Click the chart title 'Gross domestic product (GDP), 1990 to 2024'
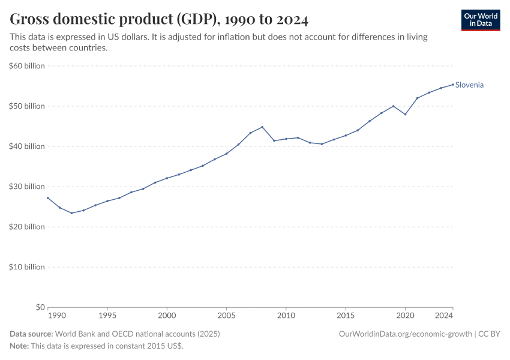pyautogui.click(x=159, y=20)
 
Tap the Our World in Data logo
pyautogui.click(x=481, y=20)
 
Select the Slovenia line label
pyautogui.click(x=469, y=85)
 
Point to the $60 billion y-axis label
pyautogui.click(x=27, y=66)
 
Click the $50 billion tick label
pyautogui.click(x=27, y=106)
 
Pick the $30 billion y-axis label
pyautogui.click(x=27, y=187)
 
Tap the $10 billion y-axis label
pyautogui.click(x=27, y=267)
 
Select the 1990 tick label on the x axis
pyautogui.click(x=56, y=315)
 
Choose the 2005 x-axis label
pyautogui.click(x=226, y=315)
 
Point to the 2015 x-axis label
pyautogui.click(x=346, y=315)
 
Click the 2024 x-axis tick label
pyautogui.click(x=444, y=315)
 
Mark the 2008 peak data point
pyautogui.click(x=262, y=127)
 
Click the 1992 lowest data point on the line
pyautogui.click(x=71, y=213)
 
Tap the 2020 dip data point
pyautogui.click(x=405, y=114)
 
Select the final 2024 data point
pyautogui.click(x=453, y=84)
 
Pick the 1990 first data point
pyautogui.click(x=48, y=198)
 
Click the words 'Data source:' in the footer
pyautogui.click(x=31, y=334)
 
